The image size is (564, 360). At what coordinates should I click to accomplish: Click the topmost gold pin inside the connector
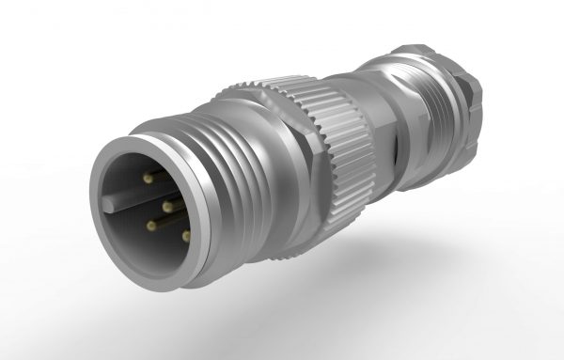pyautogui.click(x=149, y=177)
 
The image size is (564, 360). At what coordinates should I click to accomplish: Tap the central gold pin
pyautogui.click(x=166, y=204)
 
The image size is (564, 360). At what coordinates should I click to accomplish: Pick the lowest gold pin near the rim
pyautogui.click(x=185, y=234)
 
